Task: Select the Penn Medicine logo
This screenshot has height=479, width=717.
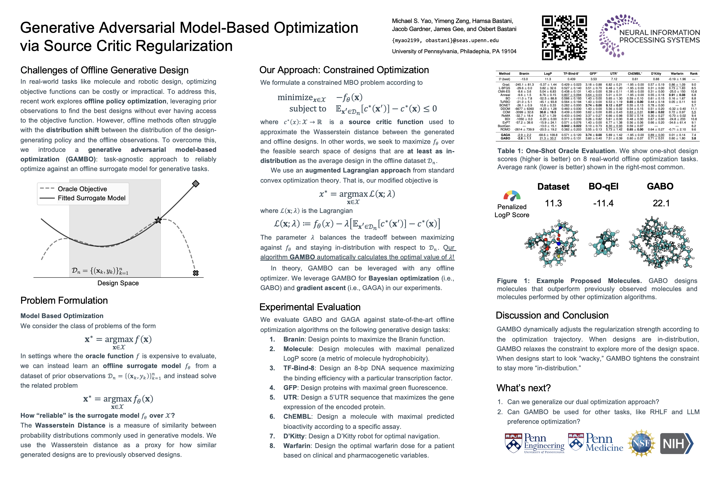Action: click(595, 443)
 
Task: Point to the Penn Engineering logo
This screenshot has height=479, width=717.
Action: click(535, 443)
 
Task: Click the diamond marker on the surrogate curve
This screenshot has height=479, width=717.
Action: click(196, 184)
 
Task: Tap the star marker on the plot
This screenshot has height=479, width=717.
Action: click(158, 220)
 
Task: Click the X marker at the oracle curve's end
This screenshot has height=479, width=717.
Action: click(196, 273)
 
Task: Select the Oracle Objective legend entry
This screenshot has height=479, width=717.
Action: click(82, 189)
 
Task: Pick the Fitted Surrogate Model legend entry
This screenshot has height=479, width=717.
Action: click(91, 198)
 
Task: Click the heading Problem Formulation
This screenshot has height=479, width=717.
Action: click(64, 300)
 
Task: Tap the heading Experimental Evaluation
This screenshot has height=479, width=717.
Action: click(310, 307)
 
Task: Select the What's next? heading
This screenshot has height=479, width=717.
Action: click(523, 388)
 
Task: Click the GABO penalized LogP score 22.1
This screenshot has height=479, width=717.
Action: click(661, 203)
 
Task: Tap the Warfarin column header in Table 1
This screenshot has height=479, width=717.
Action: click(677, 74)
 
